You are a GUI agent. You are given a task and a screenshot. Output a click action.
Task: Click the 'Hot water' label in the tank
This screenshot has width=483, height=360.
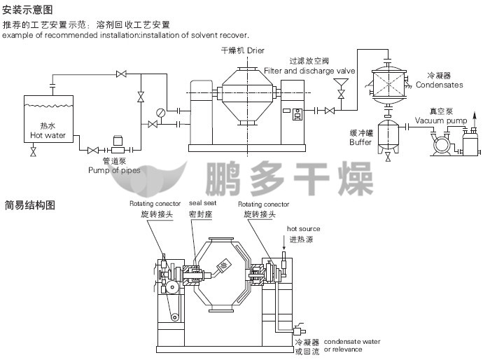[x=48, y=135]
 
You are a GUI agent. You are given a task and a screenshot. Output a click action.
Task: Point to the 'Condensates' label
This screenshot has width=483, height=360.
[x=439, y=85]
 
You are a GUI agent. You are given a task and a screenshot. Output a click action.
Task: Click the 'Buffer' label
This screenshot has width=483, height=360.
[x=360, y=141]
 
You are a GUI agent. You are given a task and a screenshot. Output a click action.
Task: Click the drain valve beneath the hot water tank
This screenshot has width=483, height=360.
[x=33, y=151]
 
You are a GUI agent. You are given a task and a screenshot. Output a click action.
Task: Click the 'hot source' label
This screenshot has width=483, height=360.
[x=303, y=229]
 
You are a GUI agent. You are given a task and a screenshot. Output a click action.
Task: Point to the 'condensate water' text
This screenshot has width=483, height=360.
[x=352, y=342]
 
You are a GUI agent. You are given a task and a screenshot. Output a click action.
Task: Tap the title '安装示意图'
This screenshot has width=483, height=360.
[x=27, y=11]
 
